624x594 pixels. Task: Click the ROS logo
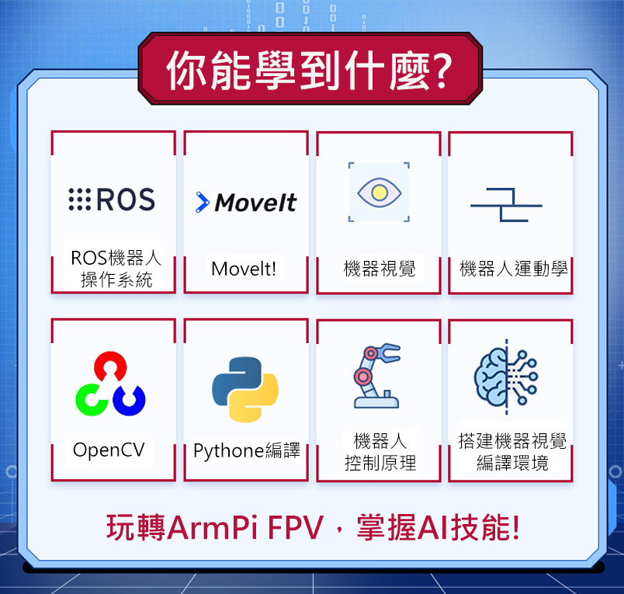pyautogui.click(x=113, y=200)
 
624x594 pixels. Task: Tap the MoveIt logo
pyautogui.click(x=246, y=203)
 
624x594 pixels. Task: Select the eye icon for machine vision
pyautogui.click(x=379, y=193)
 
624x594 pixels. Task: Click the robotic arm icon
pyautogui.click(x=377, y=376)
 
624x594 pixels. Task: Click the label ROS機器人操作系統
pyautogui.click(x=116, y=269)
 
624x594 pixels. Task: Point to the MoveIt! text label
pyautogui.click(x=244, y=269)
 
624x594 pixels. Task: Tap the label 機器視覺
pyautogui.click(x=380, y=269)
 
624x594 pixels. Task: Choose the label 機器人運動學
pyautogui.click(x=513, y=269)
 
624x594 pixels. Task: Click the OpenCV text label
pyautogui.click(x=109, y=450)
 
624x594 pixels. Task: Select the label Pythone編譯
pyautogui.click(x=246, y=451)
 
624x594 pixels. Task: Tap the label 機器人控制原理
pyautogui.click(x=380, y=452)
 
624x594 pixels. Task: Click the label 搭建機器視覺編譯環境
pyautogui.click(x=512, y=452)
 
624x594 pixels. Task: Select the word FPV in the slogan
pyautogui.click(x=295, y=528)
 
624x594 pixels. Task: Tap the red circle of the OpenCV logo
pyautogui.click(x=110, y=365)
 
